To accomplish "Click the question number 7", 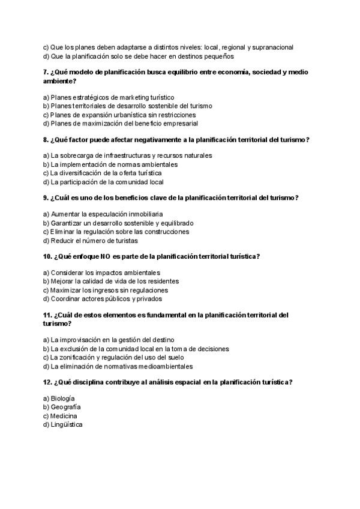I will (x=46, y=73).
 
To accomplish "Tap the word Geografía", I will (x=66, y=407).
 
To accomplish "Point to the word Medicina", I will (x=64, y=416).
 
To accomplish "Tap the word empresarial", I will (x=178, y=124).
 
